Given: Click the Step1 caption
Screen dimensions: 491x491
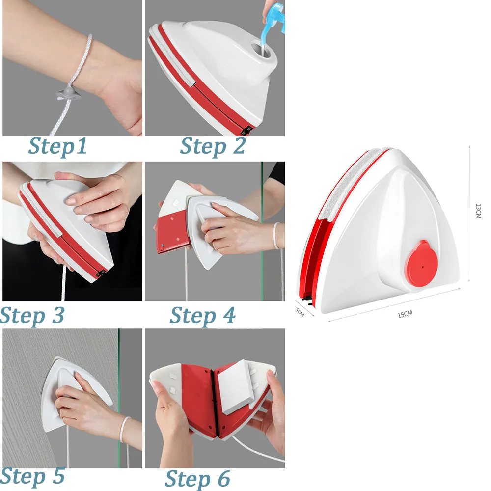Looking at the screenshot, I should point(57,146).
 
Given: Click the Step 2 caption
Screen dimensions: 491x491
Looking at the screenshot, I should point(213,146).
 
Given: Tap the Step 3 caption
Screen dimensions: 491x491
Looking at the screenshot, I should point(32,315).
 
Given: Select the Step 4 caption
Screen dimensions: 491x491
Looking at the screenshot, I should point(202,315).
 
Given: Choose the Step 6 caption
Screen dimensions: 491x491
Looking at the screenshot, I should point(197,478).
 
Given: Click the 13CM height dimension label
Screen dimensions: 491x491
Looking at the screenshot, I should point(478,211).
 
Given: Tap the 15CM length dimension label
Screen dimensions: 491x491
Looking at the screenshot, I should point(405,315).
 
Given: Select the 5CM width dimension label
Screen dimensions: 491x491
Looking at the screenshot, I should point(300,311).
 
